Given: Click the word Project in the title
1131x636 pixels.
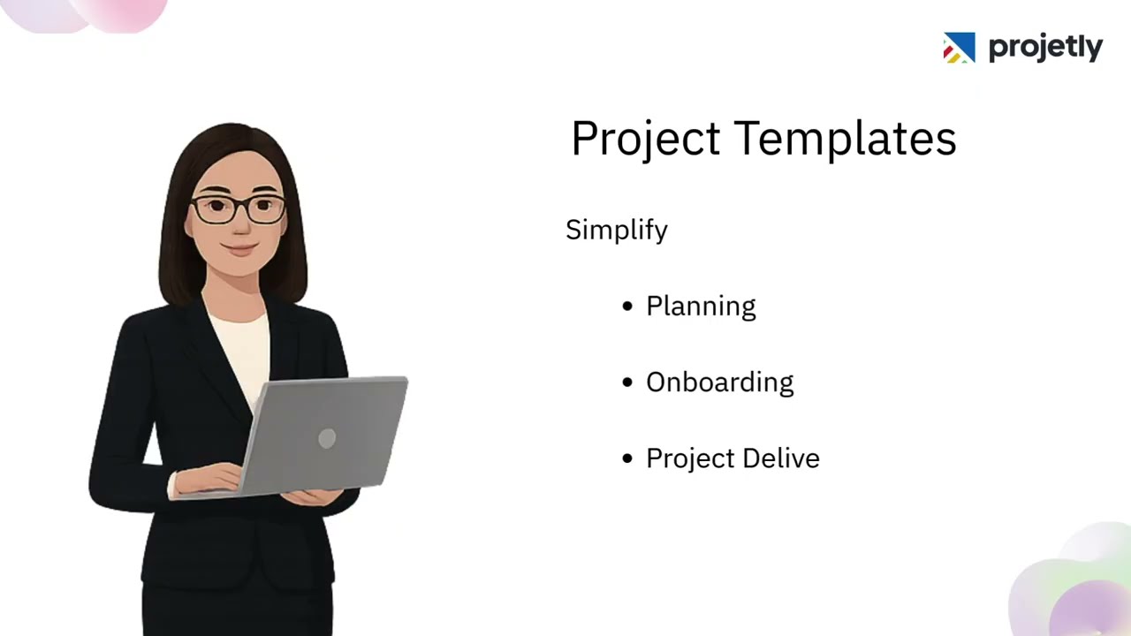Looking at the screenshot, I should click(x=645, y=140).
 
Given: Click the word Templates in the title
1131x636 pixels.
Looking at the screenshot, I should click(x=846, y=140).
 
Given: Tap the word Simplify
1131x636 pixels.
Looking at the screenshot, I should click(x=617, y=230).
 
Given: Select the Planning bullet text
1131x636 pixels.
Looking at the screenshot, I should click(x=701, y=307).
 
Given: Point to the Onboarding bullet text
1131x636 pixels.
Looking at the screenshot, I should click(x=719, y=382).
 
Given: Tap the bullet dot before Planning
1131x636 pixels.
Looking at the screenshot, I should click(x=627, y=307).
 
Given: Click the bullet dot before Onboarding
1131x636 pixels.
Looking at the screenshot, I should click(x=627, y=382).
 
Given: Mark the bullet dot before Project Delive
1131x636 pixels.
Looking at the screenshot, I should click(x=627, y=458).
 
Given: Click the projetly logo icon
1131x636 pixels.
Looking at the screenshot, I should click(x=959, y=48).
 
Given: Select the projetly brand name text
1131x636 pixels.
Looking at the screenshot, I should click(x=1045, y=48).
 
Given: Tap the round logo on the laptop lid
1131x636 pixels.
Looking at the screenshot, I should click(x=327, y=439).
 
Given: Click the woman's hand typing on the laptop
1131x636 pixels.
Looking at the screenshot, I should click(x=208, y=480).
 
